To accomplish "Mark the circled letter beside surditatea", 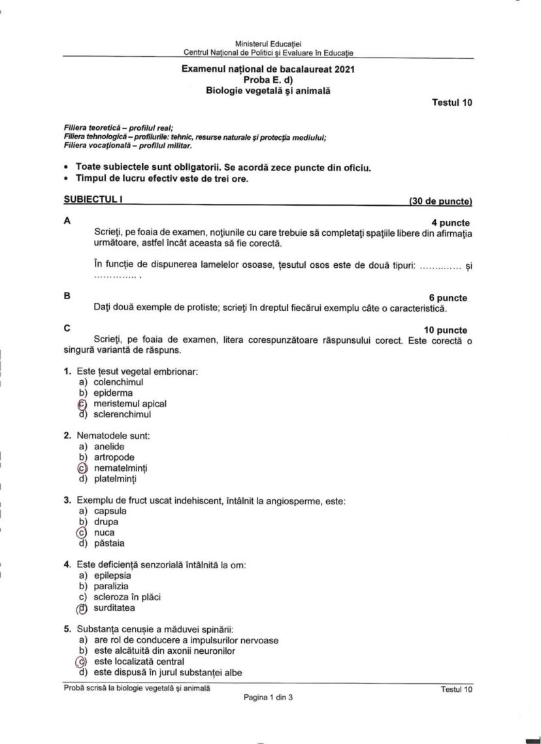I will click(x=82, y=608).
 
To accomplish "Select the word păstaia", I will click(x=109, y=543).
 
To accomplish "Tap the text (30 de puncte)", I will click(x=440, y=201).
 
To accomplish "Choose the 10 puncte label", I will click(x=446, y=330).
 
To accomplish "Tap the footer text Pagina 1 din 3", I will click(x=268, y=698).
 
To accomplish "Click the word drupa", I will click(x=106, y=522).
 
